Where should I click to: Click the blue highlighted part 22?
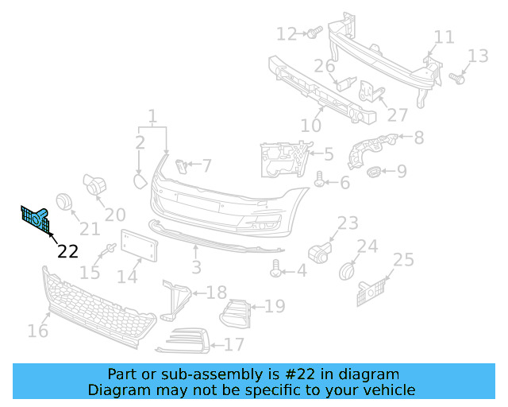tap(35, 217)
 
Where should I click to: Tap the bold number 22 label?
tap(68, 251)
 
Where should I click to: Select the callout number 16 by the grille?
tap(38, 330)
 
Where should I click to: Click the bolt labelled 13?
tap(456, 78)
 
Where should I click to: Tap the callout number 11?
tap(444, 37)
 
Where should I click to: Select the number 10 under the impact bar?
tap(311, 126)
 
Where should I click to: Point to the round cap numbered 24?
tap(347, 271)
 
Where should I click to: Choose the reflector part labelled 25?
tap(372, 291)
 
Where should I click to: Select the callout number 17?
tap(234, 345)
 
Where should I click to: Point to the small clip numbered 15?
tap(105, 254)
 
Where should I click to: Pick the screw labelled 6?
tap(321, 180)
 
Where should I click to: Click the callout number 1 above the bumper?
tap(152, 116)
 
